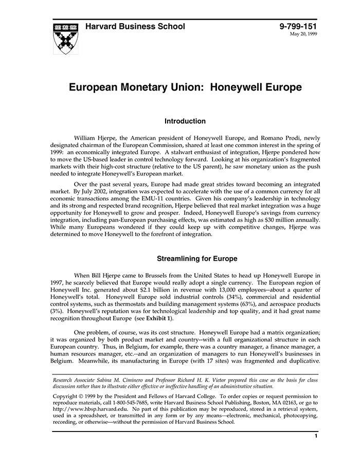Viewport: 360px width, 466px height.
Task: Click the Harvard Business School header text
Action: (x=135, y=27)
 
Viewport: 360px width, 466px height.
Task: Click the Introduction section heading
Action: (x=185, y=121)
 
